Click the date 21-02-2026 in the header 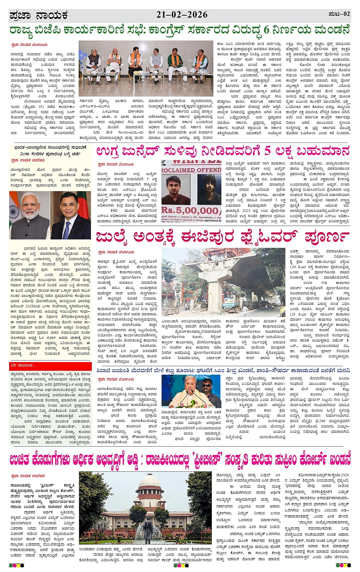pyautogui.click(x=182, y=15)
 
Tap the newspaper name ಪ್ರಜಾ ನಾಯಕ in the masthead pyautogui.click(x=38, y=15)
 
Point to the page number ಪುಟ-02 pyautogui.click(x=339, y=14)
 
